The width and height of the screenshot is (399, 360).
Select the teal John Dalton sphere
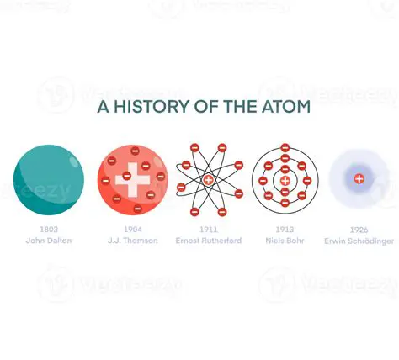(x=49, y=180)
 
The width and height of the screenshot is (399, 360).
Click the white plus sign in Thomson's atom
(x=133, y=180)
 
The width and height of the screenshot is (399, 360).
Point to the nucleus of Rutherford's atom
(x=209, y=180)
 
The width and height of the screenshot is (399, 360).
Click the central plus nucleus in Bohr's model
(x=285, y=181)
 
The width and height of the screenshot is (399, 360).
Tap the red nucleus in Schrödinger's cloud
(x=359, y=178)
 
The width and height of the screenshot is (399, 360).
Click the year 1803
(x=49, y=229)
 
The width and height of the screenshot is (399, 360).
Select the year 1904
(x=133, y=229)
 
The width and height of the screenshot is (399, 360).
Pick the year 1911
(x=209, y=229)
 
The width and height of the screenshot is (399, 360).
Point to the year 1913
(x=285, y=229)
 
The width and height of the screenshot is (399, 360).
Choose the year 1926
(x=359, y=230)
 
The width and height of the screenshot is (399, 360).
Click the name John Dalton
(x=49, y=241)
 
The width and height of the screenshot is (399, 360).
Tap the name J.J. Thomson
(x=133, y=241)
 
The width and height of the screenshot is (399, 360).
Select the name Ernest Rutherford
(x=209, y=241)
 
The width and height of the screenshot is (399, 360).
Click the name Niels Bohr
(x=285, y=241)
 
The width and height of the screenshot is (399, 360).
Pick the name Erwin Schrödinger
(x=359, y=241)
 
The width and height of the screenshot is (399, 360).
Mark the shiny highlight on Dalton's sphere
(x=74, y=159)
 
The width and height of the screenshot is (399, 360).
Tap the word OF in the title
(x=195, y=107)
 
